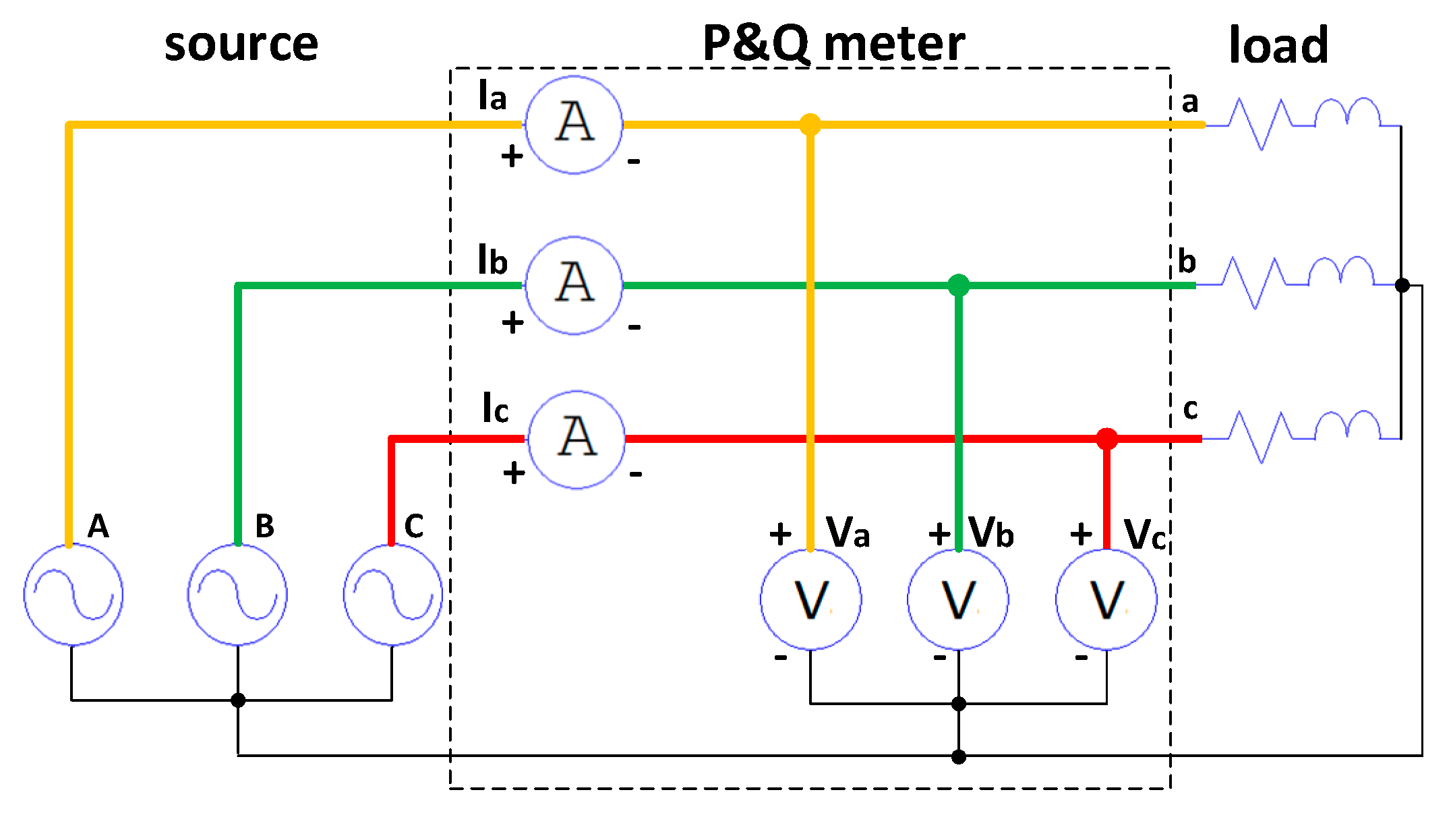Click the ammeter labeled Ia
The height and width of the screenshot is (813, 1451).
(x=574, y=125)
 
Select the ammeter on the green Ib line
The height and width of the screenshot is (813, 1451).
(x=574, y=285)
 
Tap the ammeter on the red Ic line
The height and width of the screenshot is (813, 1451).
(x=576, y=440)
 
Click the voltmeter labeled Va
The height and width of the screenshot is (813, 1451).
(x=810, y=599)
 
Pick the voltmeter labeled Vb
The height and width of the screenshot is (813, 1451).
(x=958, y=599)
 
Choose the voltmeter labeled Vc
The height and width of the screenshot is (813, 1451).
(x=1106, y=599)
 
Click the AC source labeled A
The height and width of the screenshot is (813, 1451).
(x=73, y=595)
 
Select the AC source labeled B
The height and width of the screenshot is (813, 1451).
(x=237, y=595)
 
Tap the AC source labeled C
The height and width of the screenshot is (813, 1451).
(x=392, y=595)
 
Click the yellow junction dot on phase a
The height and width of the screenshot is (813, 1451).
(x=810, y=125)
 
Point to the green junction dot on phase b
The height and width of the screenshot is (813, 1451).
(x=958, y=285)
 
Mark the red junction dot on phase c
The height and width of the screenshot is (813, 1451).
(x=1106, y=439)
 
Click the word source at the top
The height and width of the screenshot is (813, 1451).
(x=241, y=44)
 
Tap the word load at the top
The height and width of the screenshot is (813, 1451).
(x=1278, y=44)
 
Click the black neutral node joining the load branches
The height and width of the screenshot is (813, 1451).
(x=1402, y=285)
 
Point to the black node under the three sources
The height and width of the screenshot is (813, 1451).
(x=237, y=700)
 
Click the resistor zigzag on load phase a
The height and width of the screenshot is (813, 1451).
(x=1260, y=124)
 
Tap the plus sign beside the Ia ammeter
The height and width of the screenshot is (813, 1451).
(x=512, y=156)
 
